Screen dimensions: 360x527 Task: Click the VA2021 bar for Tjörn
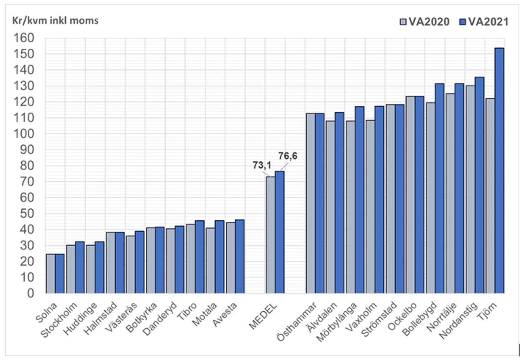point(499,171)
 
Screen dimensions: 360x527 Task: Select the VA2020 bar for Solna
point(51,274)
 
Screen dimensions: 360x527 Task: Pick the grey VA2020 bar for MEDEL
point(270,235)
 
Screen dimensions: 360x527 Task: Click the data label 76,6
point(287,156)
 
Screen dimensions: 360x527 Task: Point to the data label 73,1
point(262,165)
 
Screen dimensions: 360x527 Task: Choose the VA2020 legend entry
point(425,22)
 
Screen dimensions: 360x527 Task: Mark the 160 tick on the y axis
point(23,38)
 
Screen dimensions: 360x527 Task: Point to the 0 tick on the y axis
point(30,293)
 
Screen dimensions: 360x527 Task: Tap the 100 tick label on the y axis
point(23,134)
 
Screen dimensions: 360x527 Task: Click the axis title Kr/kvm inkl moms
point(55,21)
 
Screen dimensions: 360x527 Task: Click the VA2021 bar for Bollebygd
point(439,188)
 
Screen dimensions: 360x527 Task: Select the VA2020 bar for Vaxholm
point(370,206)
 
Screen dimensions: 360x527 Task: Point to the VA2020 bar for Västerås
point(130,264)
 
